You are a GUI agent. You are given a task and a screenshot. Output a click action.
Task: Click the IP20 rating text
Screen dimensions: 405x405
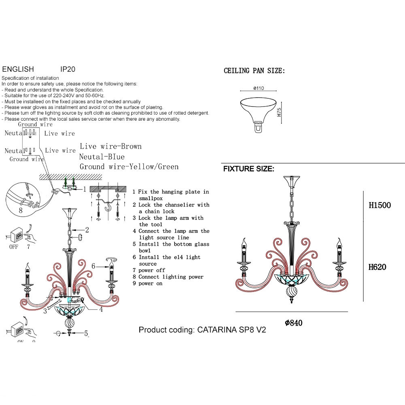point(68,70)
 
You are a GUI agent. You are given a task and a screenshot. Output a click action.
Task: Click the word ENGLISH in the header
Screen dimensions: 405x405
point(18,70)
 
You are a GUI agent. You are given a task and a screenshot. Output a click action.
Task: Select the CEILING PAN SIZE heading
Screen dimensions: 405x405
point(254,71)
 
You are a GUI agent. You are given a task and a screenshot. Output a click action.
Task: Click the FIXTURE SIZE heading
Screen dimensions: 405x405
point(249,169)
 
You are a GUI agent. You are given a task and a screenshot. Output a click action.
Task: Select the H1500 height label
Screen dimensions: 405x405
point(379,205)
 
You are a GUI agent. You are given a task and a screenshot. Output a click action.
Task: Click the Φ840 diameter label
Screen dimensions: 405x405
point(294,323)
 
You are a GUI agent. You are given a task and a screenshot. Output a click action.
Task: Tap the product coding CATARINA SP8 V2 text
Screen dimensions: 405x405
point(202,330)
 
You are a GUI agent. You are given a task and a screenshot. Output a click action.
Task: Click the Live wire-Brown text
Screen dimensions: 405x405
point(111,146)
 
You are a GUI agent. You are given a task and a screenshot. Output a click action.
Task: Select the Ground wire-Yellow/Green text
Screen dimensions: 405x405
point(129,166)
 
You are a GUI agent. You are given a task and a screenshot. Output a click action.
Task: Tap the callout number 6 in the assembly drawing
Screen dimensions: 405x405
point(94,266)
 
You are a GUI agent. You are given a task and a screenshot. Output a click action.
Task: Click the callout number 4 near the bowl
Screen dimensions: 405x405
point(101,309)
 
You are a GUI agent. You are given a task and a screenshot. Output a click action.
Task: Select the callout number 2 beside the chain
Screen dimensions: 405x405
point(87,230)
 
